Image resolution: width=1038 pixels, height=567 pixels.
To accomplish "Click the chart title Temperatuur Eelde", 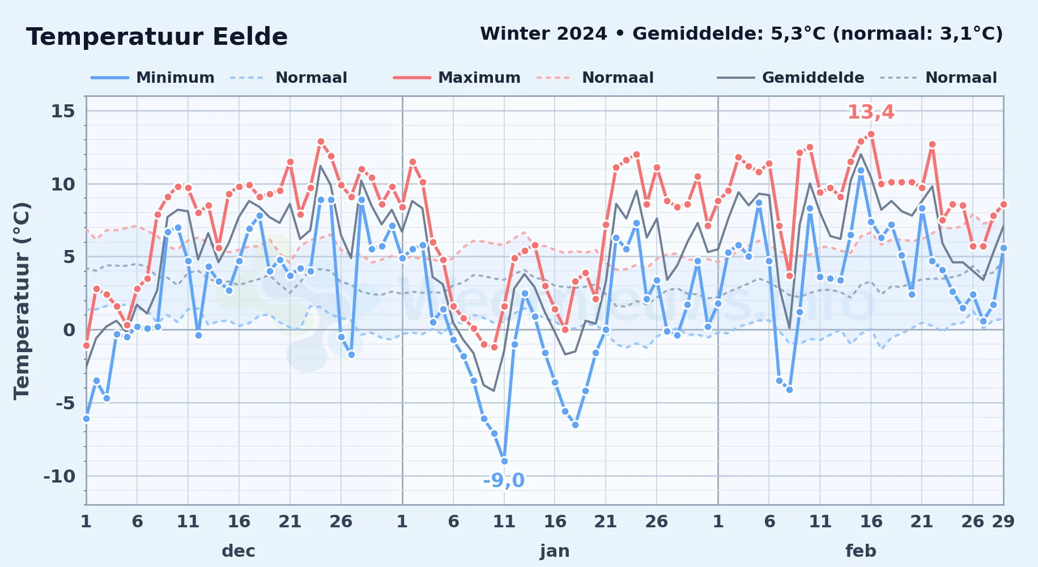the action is [x=157, y=37].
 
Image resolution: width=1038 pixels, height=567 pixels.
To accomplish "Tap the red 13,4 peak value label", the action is [x=871, y=112].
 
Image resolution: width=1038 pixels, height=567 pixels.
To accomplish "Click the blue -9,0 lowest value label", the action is [x=504, y=480].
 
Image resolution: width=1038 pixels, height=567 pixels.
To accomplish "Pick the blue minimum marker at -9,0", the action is [x=504, y=461].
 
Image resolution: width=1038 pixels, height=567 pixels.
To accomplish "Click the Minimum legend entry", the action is [x=152, y=78].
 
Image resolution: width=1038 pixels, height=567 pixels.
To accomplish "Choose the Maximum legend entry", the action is [x=457, y=78].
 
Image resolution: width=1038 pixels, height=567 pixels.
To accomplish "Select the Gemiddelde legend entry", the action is [x=790, y=78].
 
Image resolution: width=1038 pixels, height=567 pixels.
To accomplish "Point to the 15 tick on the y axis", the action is [x=63, y=111].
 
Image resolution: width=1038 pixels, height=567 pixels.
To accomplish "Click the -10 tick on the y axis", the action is [x=59, y=476].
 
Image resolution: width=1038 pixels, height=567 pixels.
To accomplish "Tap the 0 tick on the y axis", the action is [x=69, y=330].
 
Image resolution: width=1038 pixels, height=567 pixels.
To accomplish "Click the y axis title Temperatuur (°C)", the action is [x=22, y=301].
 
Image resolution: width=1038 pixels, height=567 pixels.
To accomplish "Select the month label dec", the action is [x=239, y=551].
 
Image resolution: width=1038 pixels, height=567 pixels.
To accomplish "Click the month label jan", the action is [x=555, y=551].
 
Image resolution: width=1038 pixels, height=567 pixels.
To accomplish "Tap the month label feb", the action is [x=861, y=551].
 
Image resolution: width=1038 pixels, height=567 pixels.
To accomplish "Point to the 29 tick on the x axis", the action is [x=1003, y=521].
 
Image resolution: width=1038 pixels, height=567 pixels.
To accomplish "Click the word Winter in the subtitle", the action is [x=515, y=33].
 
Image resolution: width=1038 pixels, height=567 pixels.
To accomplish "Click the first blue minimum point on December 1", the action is [x=86, y=418].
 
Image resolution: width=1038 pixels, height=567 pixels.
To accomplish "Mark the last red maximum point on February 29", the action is [x=1003, y=204].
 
